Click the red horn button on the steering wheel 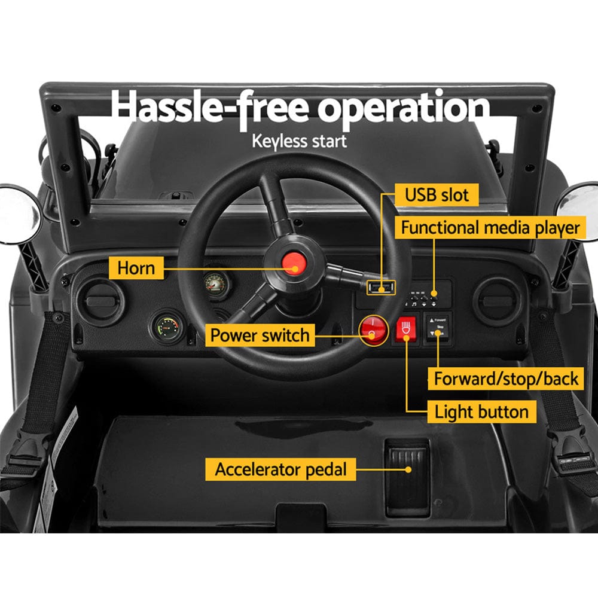pyautogui.click(x=293, y=263)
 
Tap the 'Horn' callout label pyautogui.click(x=136, y=267)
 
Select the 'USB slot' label pyautogui.click(x=437, y=194)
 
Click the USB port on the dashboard pyautogui.click(x=381, y=288)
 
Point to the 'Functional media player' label pyautogui.click(x=490, y=228)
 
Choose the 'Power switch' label pyautogui.click(x=260, y=335)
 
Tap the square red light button pyautogui.click(x=405, y=329)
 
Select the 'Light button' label pyautogui.click(x=481, y=412)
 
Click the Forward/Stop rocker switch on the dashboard pyautogui.click(x=438, y=328)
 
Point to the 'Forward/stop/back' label pyautogui.click(x=506, y=379)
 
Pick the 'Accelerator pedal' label pyautogui.click(x=280, y=469)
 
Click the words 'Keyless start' pyautogui.click(x=299, y=142)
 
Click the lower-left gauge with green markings pyautogui.click(x=167, y=327)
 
